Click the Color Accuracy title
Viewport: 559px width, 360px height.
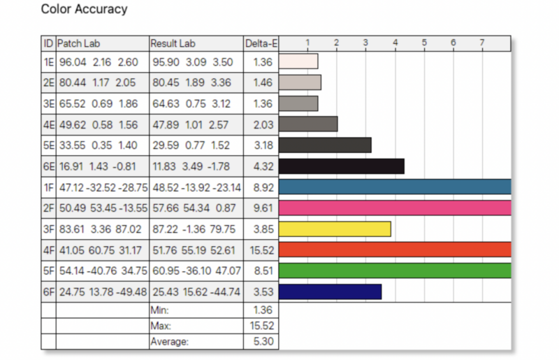pos(84,9)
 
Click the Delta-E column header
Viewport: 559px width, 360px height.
pos(261,43)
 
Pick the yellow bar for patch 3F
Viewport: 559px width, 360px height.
pos(334,229)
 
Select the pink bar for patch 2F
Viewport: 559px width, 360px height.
pos(395,208)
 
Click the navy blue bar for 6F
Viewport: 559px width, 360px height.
pos(330,291)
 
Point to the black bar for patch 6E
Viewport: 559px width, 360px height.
pos(341,166)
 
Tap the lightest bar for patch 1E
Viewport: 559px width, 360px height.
pos(298,61)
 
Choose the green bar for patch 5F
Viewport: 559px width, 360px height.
pos(395,271)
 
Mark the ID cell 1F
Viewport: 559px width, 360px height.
pos(48,187)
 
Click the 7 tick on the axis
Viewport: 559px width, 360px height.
pos(482,43)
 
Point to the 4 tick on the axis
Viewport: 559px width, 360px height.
pos(395,43)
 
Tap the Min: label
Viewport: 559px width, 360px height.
pos(160,309)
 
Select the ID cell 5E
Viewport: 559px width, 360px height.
pos(48,145)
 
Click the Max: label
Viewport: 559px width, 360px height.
pos(161,326)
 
